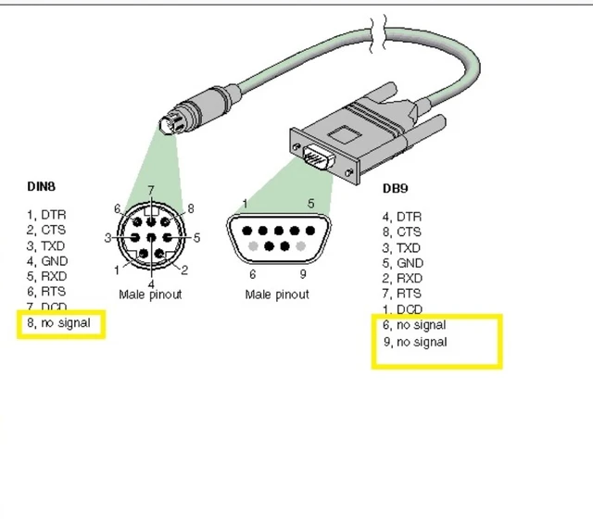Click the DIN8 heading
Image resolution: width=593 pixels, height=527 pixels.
(x=42, y=187)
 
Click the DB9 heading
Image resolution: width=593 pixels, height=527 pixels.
(x=396, y=188)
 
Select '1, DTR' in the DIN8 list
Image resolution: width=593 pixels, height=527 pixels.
(x=46, y=215)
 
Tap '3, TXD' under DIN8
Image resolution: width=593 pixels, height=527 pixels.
(x=46, y=245)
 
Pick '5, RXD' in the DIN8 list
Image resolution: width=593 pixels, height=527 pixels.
(x=46, y=276)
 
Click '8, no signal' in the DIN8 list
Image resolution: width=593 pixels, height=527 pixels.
(x=59, y=323)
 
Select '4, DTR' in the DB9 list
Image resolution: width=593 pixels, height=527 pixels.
(x=402, y=217)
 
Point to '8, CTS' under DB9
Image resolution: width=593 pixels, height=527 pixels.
(x=402, y=232)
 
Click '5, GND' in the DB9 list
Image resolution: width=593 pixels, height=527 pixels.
(x=402, y=263)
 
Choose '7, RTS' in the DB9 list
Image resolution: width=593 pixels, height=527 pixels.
(x=402, y=294)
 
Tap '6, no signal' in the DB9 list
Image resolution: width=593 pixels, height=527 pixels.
(x=414, y=325)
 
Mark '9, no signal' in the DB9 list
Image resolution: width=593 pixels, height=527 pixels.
(x=414, y=342)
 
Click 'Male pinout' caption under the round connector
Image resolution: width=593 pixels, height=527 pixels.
(x=150, y=295)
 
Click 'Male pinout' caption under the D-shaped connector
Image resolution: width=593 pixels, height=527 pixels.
(x=277, y=295)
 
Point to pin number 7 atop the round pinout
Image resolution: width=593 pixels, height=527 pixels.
(x=150, y=190)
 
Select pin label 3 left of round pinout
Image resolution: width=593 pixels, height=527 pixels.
(x=107, y=238)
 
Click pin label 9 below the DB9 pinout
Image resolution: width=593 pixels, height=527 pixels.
(x=303, y=273)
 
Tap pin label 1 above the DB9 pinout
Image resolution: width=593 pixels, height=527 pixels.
(x=245, y=204)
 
